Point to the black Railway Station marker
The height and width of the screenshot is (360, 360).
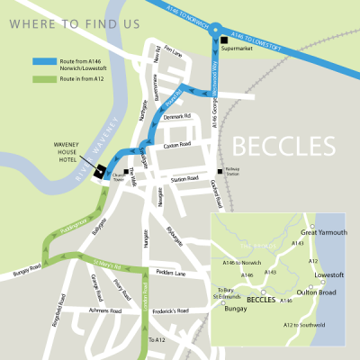pos(218,172)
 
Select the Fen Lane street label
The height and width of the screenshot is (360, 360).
pos(173,55)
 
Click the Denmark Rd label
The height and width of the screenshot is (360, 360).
pos(179,116)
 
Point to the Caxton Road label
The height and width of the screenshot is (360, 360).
pos(178,144)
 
